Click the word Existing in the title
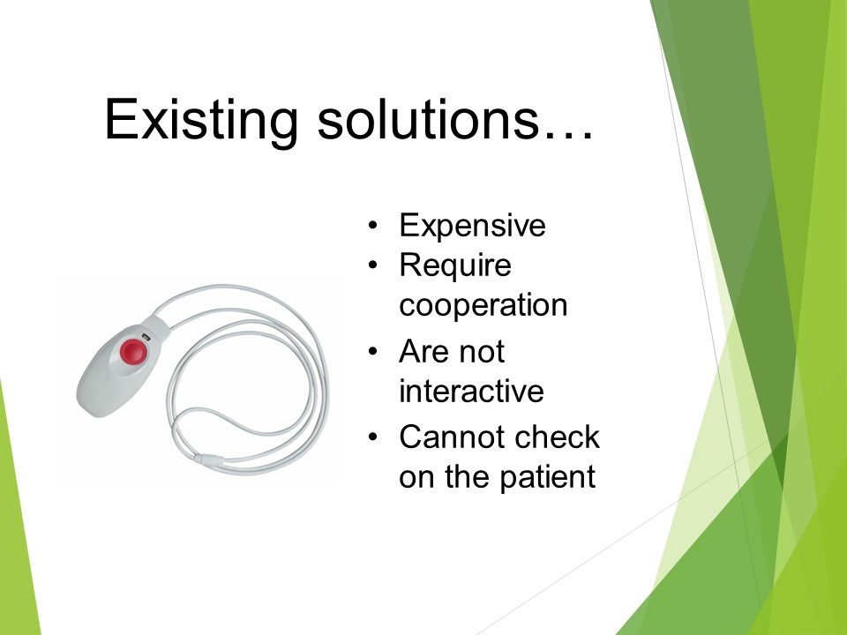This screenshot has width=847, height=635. click(x=201, y=121)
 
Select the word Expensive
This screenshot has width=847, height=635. click(x=472, y=227)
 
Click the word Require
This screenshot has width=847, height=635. click(x=455, y=266)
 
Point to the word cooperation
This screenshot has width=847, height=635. click(x=483, y=306)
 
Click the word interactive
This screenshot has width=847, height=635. click(x=471, y=391)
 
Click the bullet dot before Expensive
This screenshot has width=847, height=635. click(x=372, y=225)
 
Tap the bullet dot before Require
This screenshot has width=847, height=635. click(x=372, y=265)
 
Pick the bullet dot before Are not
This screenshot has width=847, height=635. click(x=372, y=352)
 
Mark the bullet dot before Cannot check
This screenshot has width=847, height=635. click(x=372, y=437)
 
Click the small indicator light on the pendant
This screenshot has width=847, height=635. click(x=146, y=337)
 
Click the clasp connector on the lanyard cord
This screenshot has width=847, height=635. click(x=208, y=460)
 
